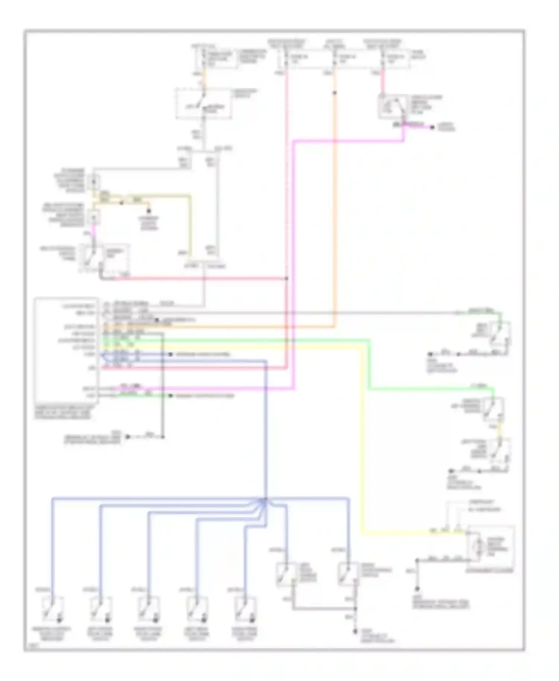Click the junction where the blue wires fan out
(265, 500)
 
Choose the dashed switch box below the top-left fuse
(203, 104)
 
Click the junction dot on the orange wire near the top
(334, 93)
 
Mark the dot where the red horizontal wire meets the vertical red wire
(286, 278)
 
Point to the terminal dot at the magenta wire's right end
(432, 128)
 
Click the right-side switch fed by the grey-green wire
(500, 334)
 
